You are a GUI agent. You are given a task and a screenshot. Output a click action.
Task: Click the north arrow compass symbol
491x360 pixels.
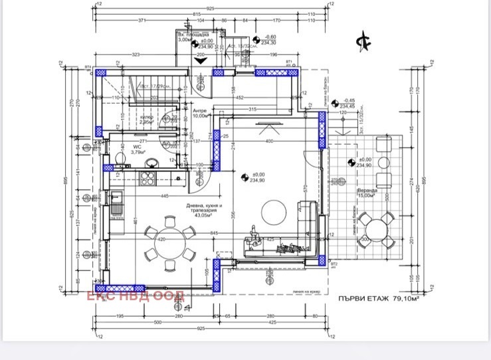click(x=363, y=40)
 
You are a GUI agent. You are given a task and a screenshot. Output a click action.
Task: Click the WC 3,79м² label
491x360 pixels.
click(x=138, y=149)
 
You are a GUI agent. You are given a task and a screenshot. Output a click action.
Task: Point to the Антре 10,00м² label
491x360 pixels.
click(x=200, y=113)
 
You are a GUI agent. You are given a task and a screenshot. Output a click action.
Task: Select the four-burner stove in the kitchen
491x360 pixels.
click(x=147, y=177)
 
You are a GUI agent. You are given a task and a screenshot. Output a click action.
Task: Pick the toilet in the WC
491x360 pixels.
click(x=120, y=157)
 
